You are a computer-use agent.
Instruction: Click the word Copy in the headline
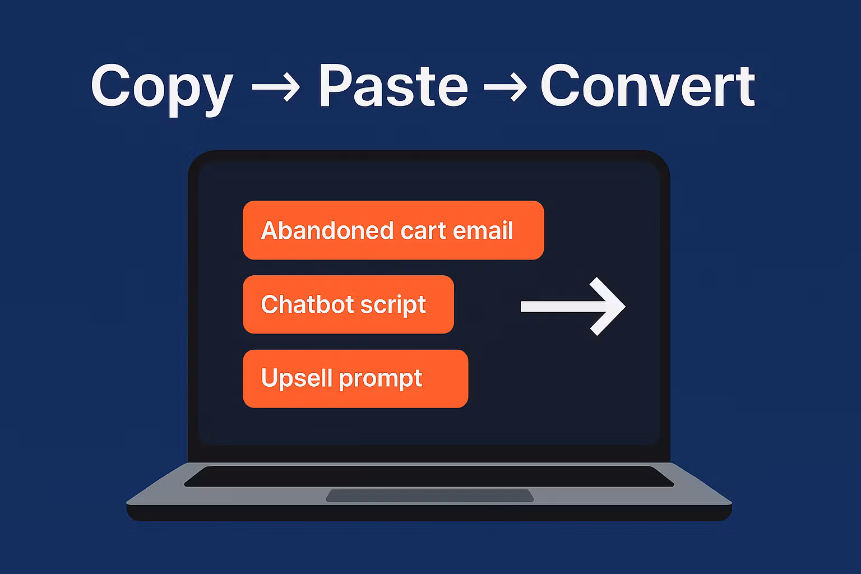pyautogui.click(x=162, y=89)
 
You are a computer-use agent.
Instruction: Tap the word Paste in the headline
pyautogui.click(x=394, y=85)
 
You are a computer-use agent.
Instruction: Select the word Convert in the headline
pyautogui.click(x=647, y=85)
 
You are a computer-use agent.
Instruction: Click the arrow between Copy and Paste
pyautogui.click(x=276, y=87)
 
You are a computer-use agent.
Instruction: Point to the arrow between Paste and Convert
pyautogui.click(x=505, y=87)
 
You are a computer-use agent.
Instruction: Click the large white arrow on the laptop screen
pyautogui.click(x=573, y=307)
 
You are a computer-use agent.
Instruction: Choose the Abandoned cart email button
pyautogui.click(x=393, y=230)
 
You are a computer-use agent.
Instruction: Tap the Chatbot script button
pyautogui.click(x=348, y=304)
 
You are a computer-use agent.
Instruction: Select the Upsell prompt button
pyautogui.click(x=355, y=379)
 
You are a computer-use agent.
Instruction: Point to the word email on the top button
pyautogui.click(x=483, y=230)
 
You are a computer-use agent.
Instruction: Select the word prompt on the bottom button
pyautogui.click(x=381, y=379)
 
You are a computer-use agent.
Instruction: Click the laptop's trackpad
pyautogui.click(x=430, y=496)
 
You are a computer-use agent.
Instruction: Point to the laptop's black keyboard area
pyautogui.click(x=429, y=476)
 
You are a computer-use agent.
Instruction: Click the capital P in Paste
pyautogui.click(x=336, y=85)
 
